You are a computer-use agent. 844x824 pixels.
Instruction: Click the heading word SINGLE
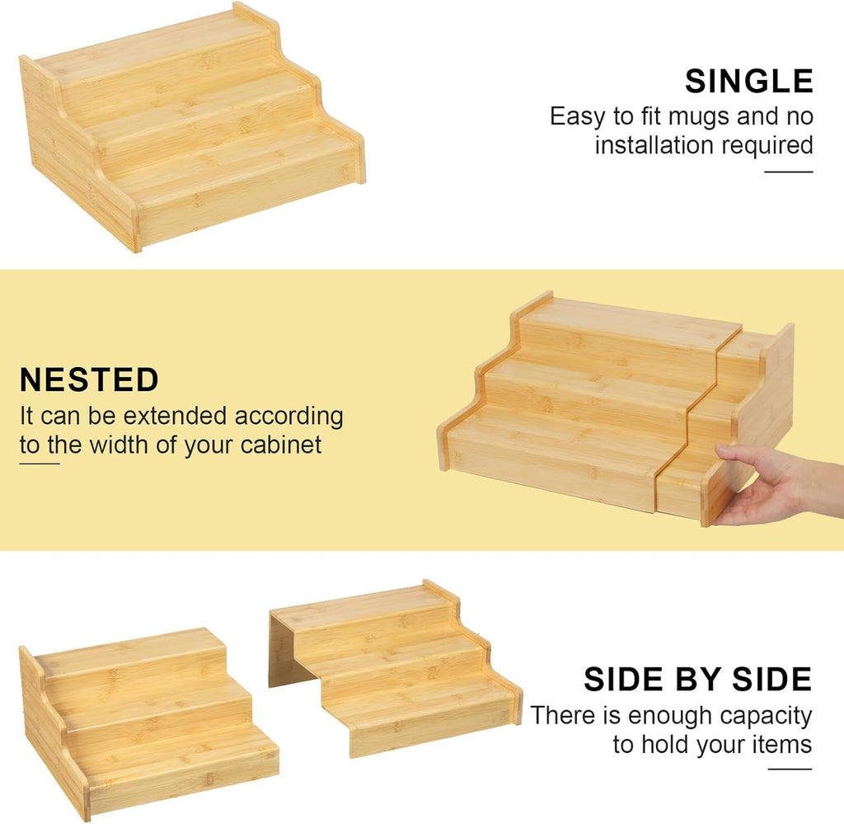point(748,82)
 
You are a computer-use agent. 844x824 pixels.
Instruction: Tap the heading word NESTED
point(89,379)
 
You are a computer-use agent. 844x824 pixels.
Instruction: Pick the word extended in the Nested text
point(175,416)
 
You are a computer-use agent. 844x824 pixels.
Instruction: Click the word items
point(785,745)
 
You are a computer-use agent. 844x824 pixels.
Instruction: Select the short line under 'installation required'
point(789,172)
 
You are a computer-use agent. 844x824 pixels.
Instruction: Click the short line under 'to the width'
point(40,464)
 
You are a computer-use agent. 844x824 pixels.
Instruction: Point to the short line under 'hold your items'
point(790,769)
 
